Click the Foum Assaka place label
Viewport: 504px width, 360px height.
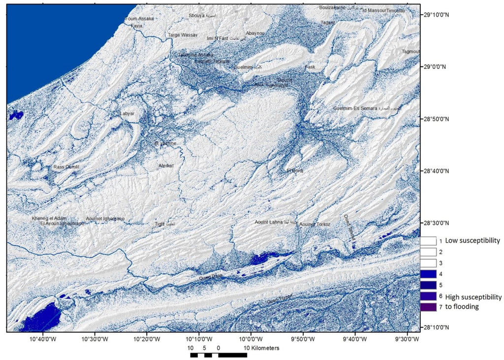coord(140,19)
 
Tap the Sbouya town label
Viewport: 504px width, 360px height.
coord(199,16)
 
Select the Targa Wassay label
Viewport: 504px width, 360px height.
coord(183,35)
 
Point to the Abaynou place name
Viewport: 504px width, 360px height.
coord(255,33)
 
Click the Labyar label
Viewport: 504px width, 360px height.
coord(127,114)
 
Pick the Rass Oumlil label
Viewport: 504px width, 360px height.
coord(66,167)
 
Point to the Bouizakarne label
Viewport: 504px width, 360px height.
coord(333,8)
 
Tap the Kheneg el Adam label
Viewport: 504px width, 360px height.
coord(49,218)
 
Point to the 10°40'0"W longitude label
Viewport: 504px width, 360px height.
coord(42,339)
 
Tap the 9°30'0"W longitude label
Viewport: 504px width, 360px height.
coord(408,339)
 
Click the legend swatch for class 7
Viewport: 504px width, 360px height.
coord(429,306)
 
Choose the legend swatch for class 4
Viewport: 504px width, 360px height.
coord(429,274)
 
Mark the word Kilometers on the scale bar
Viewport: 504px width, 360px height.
coord(262,348)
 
